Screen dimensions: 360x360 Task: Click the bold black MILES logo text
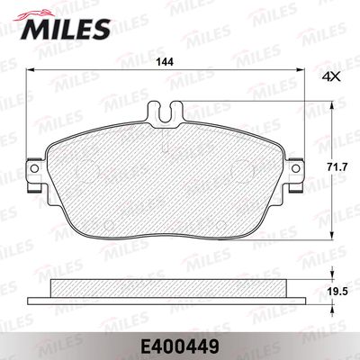point(65,30)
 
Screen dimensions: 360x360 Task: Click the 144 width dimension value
point(165,63)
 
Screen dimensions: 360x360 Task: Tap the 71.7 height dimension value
point(338,167)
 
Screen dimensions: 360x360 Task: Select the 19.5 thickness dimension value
point(338,292)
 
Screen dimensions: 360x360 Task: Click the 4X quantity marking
point(331,77)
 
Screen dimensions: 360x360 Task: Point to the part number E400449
point(179,347)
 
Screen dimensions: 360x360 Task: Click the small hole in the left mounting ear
point(35,168)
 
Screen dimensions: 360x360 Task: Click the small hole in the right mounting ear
point(296,168)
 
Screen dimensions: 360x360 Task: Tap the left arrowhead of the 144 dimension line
point(31,70)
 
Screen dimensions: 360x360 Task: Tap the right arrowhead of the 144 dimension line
point(301,70)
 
